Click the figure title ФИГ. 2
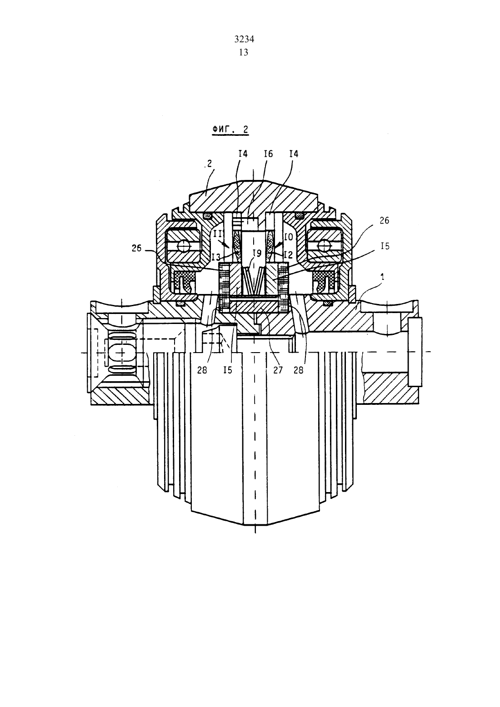[230, 129]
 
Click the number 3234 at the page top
[244, 39]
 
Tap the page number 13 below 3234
[244, 52]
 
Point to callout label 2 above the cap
[209, 164]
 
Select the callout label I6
[268, 154]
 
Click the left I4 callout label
[243, 154]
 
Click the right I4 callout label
[294, 154]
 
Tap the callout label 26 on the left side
[137, 249]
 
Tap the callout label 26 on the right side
[384, 221]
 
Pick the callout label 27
[278, 369]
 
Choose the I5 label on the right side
[385, 246]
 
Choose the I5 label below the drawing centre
[228, 369]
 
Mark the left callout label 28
[202, 369]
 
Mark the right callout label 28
[298, 369]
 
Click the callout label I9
[257, 253]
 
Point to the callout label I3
[216, 257]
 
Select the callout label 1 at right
[382, 277]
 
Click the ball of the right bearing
[325, 245]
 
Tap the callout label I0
[289, 237]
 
